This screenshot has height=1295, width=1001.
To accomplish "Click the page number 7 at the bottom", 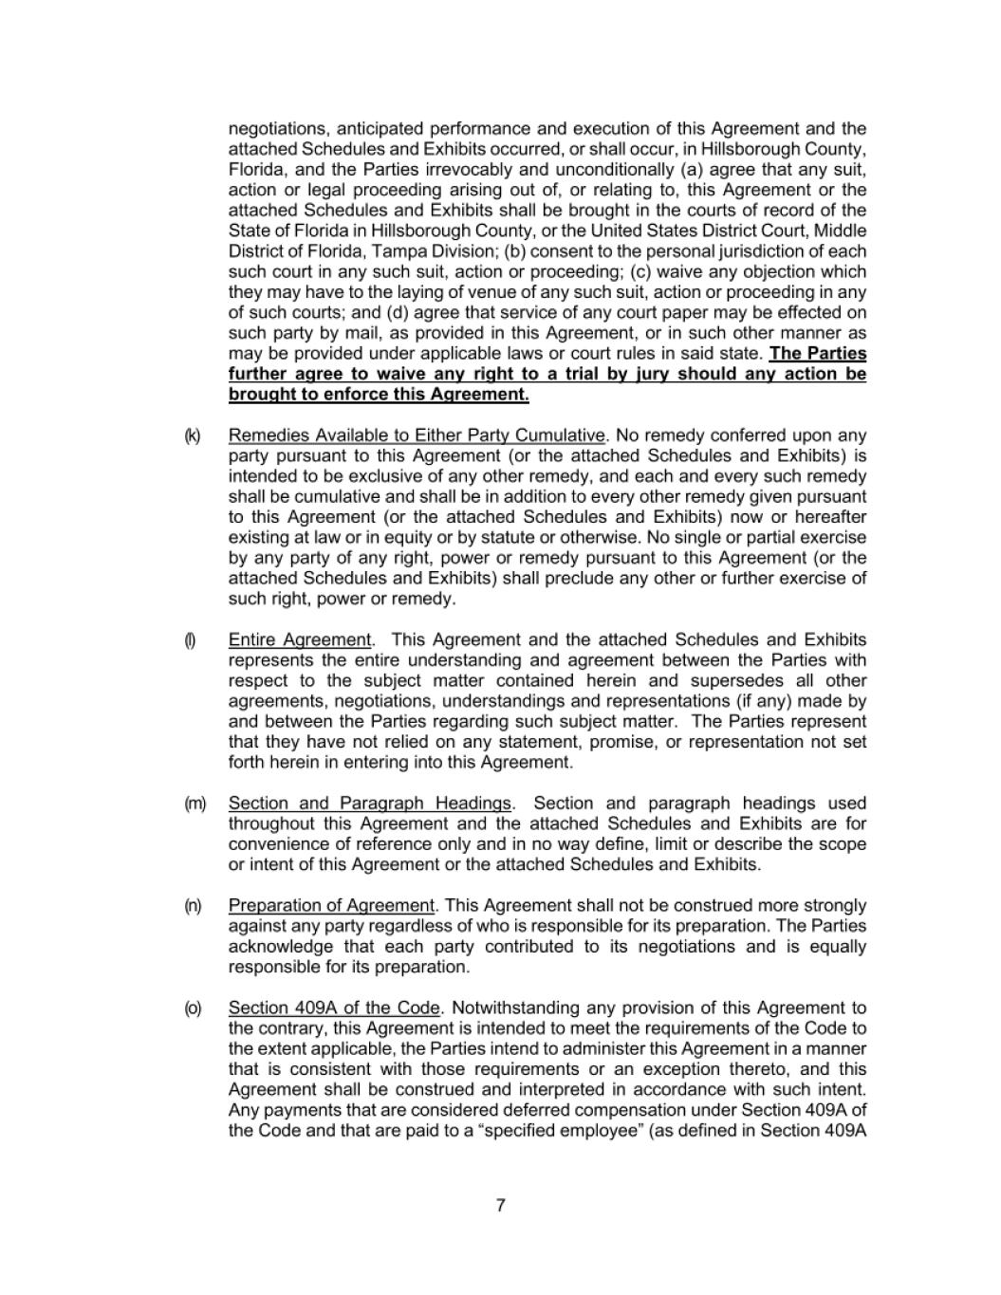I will (500, 1206).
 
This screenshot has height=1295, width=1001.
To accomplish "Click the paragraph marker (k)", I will (192, 435).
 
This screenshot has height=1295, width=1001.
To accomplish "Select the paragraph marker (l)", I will (190, 640).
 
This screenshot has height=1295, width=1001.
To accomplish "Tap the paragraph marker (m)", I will (195, 804).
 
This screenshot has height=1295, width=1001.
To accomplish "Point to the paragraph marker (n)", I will (193, 906).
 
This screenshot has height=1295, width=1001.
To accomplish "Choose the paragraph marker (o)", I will (193, 1008).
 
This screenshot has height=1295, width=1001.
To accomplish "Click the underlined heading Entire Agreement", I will (300, 640).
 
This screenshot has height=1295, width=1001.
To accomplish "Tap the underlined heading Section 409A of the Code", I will (335, 1008).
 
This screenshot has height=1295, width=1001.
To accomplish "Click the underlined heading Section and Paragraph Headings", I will (370, 804).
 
